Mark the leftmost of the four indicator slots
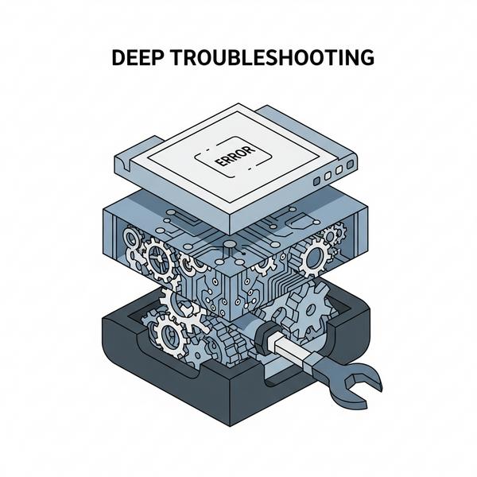coord(317,181)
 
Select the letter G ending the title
coord(366,58)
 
